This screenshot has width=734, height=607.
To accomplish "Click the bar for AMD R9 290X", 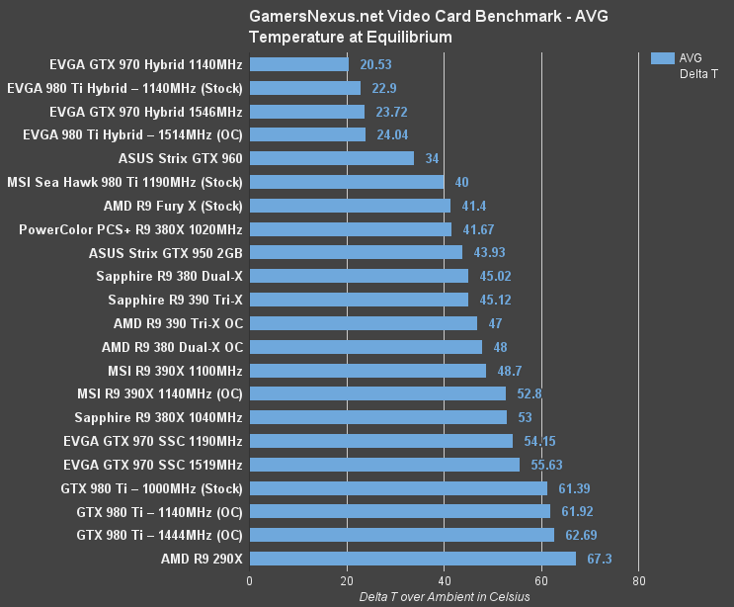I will click(412, 559).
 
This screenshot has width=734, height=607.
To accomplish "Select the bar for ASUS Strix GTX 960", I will click(331, 158).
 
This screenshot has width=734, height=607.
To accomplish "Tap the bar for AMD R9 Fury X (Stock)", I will click(350, 206).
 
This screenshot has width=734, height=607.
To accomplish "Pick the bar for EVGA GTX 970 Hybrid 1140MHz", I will click(298, 63).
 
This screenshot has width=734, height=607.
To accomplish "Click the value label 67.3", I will click(600, 559).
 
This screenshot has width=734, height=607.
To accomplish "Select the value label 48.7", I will click(508, 371).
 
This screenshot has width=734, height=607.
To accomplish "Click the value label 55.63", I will click(543, 464).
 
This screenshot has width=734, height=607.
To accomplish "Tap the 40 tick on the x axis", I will click(444, 581).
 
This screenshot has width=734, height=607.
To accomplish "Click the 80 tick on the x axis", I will click(638, 581).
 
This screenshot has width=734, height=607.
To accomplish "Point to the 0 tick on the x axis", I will click(249, 581).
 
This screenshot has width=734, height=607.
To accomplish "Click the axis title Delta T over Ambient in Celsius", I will click(445, 596).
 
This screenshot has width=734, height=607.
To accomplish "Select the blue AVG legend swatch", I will click(663, 57).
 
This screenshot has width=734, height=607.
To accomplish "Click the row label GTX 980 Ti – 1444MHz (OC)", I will click(159, 535).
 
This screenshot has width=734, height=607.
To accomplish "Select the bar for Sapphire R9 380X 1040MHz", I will click(377, 417).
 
